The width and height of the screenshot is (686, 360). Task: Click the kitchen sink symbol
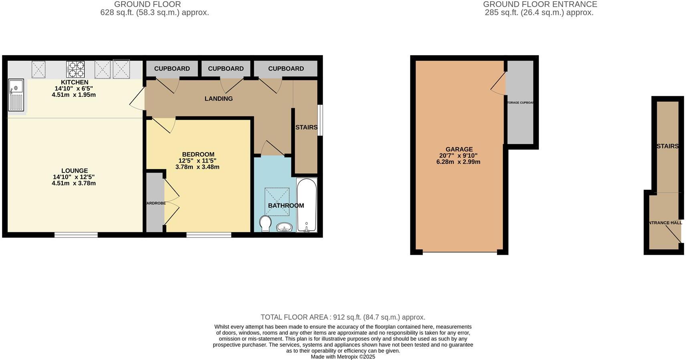[x=16, y=95]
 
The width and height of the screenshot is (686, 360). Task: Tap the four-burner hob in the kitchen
[x=75, y=69]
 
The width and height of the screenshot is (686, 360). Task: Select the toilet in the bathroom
[x=265, y=223]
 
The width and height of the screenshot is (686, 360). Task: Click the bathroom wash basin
[x=284, y=227]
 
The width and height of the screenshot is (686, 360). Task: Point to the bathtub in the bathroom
[x=307, y=205]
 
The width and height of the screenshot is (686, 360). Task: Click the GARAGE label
[x=459, y=149]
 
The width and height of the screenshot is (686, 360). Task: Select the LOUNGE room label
[x=75, y=171]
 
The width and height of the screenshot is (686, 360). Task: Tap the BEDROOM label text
[x=198, y=155]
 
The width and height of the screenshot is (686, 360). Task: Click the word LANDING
[x=218, y=99]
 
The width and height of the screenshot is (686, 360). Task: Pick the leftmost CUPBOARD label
[x=172, y=68]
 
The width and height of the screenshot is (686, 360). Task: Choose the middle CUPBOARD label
[x=226, y=68]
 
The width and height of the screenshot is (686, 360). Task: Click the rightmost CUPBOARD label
[x=286, y=68]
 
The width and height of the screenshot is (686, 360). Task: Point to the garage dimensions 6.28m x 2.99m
[x=458, y=162]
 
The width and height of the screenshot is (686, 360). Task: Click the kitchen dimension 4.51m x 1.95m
[x=74, y=95]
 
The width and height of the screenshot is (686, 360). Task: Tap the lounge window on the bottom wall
[x=76, y=235]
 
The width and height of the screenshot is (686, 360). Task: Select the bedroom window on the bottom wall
[x=209, y=235]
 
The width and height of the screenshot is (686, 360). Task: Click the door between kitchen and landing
[x=137, y=99]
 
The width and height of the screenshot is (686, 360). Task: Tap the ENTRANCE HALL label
[x=665, y=223]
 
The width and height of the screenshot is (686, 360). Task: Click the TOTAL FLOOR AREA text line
[x=343, y=317]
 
